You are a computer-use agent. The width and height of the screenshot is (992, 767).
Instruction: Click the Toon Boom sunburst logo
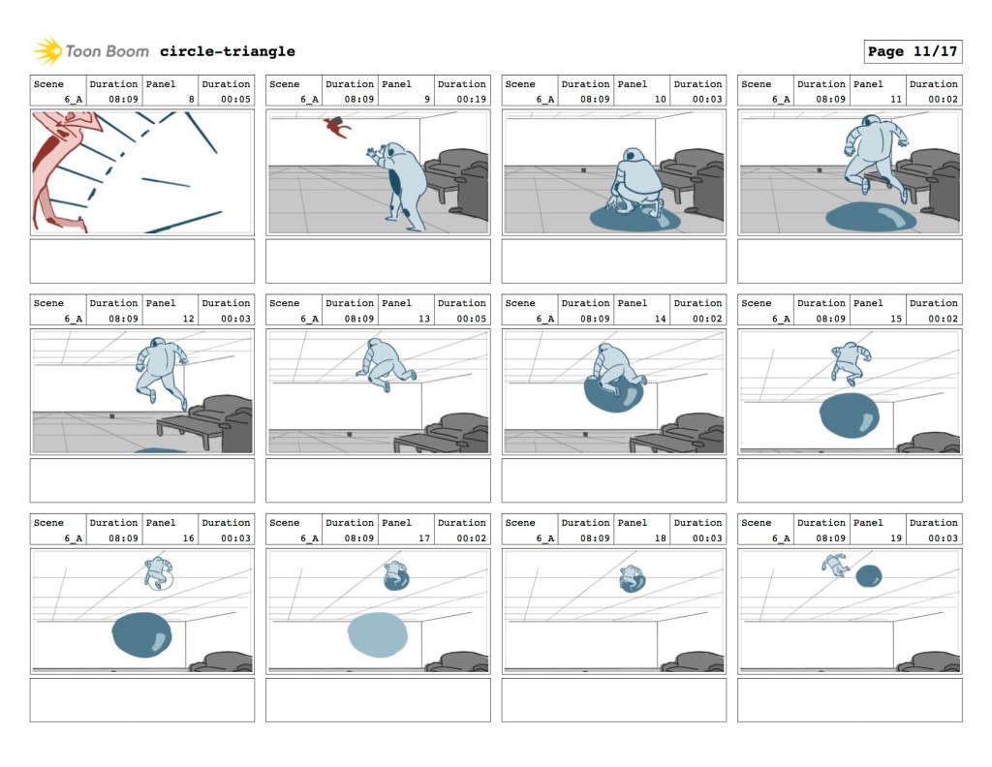point(47,51)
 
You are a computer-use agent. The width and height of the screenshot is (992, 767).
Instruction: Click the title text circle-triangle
point(227,51)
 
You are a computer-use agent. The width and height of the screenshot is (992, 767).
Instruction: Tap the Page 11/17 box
point(913,51)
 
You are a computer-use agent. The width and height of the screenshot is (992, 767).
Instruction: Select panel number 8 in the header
point(191,99)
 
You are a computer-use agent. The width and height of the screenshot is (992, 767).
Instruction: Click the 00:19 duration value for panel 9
point(472,99)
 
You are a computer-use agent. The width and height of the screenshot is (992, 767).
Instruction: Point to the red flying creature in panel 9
point(337,127)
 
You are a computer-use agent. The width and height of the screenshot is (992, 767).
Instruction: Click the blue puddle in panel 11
point(871,217)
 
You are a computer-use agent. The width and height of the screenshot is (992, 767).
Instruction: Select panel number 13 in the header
point(424,318)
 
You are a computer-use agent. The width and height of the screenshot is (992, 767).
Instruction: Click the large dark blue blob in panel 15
point(849,414)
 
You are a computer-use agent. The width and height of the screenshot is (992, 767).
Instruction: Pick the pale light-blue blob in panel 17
point(378,634)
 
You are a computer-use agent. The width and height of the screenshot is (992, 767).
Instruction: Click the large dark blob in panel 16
point(141,635)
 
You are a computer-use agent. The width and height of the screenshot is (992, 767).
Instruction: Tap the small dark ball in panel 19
point(869,576)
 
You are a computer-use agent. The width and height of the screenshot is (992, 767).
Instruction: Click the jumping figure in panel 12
point(161,373)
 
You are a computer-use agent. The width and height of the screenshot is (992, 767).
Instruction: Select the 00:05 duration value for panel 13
point(472,318)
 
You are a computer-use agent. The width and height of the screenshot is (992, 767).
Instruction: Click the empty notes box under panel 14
point(613,480)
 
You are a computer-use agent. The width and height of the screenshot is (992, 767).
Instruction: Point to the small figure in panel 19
point(835,565)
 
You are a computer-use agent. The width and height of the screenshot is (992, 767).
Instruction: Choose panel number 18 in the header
point(660,538)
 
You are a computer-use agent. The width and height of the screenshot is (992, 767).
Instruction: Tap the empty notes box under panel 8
point(142,261)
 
